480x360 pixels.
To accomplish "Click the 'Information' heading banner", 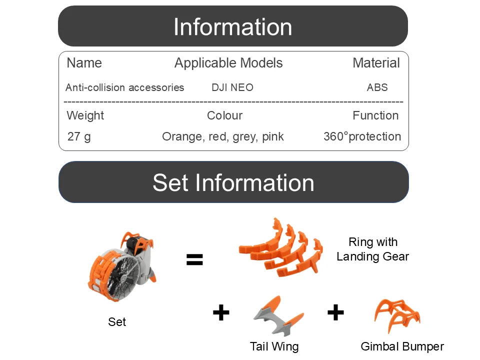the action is coord(233,26).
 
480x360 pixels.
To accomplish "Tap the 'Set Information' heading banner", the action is coord(233,182).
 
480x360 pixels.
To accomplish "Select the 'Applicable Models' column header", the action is coord(228,63).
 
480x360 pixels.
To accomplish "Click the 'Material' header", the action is coord(376,63).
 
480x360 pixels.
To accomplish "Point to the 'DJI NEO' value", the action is coord(232,87).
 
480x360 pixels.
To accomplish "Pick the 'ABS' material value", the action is coord(377,87).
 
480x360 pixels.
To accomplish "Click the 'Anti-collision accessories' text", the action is coord(124,87).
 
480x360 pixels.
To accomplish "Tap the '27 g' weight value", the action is coord(79,136).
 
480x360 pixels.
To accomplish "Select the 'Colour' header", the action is coord(224,115).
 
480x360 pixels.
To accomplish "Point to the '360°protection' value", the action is coord(362,136).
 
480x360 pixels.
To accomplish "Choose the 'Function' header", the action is coord(375,115).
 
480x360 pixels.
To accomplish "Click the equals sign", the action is coord(194,259).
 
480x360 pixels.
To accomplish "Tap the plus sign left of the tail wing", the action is coord(221,312).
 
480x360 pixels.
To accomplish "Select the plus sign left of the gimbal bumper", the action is coord(335,312).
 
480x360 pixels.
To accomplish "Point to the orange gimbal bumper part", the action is coord(397,315).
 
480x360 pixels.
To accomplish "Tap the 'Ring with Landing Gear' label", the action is coord(373,249).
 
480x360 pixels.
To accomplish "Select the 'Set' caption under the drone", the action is coord(117,321).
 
